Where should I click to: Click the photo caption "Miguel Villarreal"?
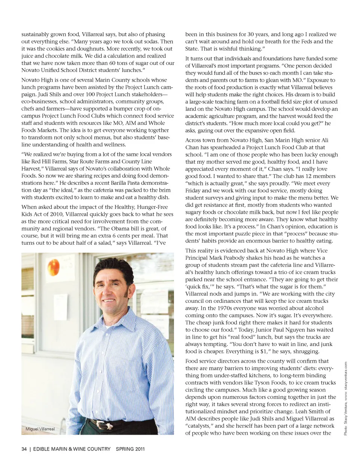click(40, 429)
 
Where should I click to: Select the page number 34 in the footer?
click(24, 449)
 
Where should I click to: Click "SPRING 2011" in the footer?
click(130, 449)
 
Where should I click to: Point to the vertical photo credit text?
click(345, 398)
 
